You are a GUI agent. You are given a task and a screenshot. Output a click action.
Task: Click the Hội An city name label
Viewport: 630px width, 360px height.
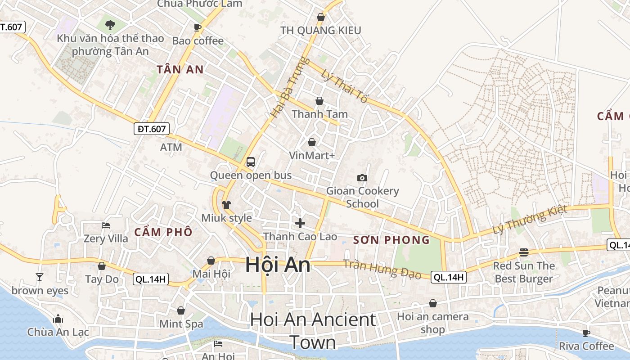click(278, 265)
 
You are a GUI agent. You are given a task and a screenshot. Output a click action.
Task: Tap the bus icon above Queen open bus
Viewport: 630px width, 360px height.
click(251, 162)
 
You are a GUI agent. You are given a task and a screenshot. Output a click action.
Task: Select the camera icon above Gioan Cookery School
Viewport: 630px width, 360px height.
click(362, 178)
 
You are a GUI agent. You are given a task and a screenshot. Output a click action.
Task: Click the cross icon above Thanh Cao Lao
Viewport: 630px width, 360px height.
click(300, 223)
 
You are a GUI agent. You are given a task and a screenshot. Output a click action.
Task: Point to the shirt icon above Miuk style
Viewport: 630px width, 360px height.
click(226, 205)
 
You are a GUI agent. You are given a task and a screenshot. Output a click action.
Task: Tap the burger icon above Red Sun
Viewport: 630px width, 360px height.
click(524, 252)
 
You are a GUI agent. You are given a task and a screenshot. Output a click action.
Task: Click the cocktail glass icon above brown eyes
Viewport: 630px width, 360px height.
click(40, 277)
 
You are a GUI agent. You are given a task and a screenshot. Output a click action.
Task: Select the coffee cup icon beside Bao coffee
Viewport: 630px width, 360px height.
click(198, 27)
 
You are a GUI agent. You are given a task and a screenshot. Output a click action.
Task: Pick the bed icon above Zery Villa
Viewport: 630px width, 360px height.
click(106, 225)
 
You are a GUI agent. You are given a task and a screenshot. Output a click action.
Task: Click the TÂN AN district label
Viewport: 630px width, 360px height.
click(180, 69)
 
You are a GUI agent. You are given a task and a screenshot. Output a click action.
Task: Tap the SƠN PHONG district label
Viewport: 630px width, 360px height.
click(391, 240)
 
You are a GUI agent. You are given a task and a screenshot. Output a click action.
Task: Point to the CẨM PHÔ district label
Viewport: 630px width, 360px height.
click(163, 232)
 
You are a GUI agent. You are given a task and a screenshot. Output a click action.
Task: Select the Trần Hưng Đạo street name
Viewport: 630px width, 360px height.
click(382, 269)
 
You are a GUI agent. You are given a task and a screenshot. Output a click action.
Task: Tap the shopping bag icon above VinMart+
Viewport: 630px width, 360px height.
click(312, 143)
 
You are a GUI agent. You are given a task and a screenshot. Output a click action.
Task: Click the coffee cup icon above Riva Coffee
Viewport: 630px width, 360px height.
click(586, 333)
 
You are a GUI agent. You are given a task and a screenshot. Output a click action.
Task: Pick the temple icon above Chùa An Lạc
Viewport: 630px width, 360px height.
click(58, 319)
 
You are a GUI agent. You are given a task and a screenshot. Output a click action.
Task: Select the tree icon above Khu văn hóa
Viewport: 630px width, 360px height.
click(110, 25)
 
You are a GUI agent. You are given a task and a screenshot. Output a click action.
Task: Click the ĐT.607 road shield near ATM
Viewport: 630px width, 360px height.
click(152, 129)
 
